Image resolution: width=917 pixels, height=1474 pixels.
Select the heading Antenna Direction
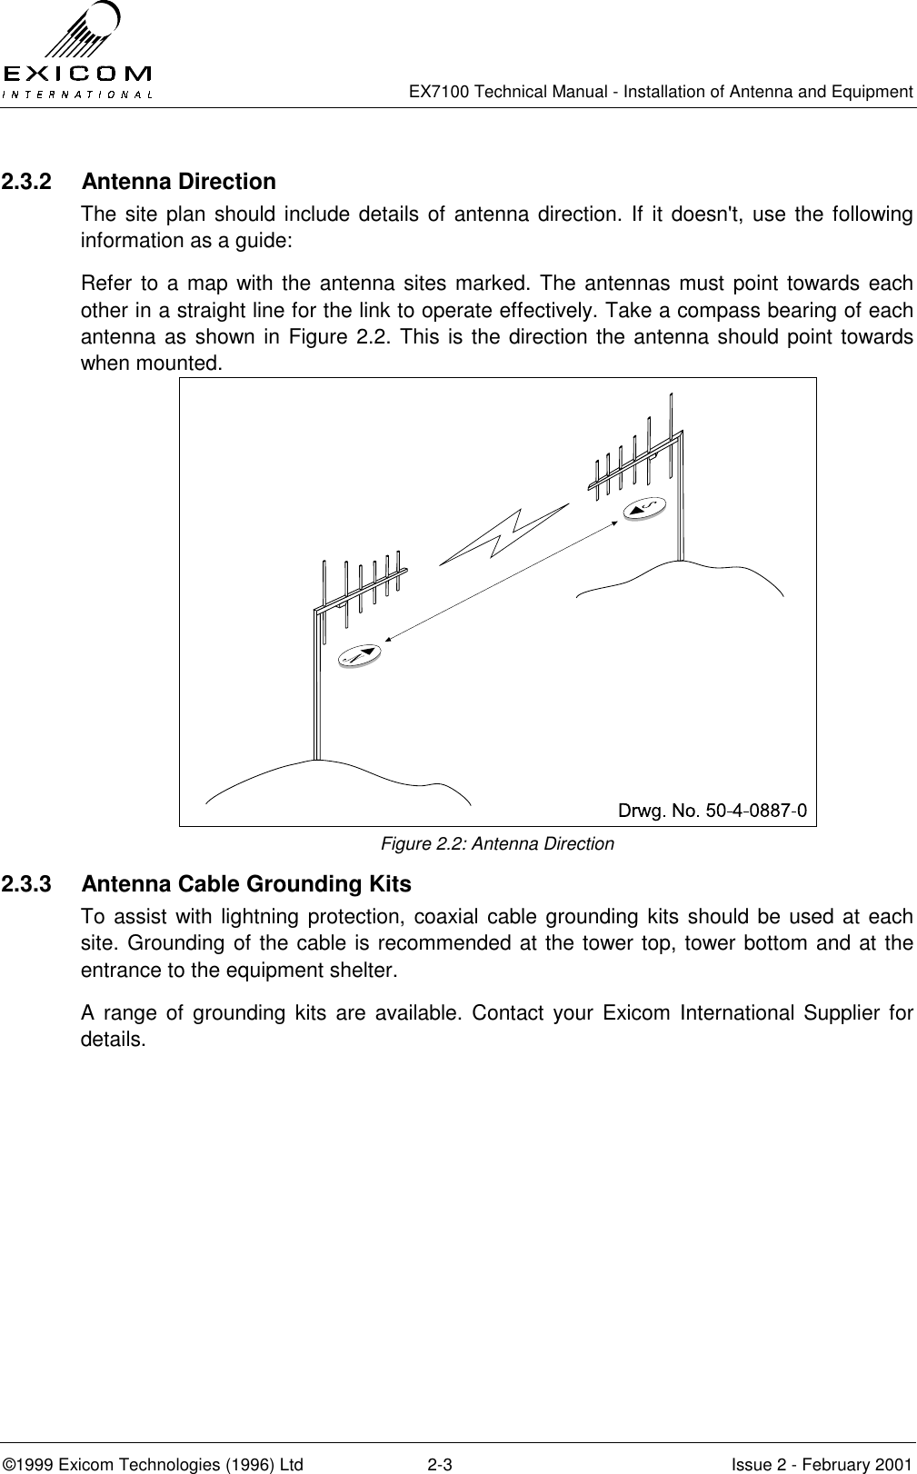[x=178, y=182]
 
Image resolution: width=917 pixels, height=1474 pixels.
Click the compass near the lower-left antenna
[x=359, y=653]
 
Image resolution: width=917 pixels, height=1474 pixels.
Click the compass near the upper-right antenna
[x=645, y=507]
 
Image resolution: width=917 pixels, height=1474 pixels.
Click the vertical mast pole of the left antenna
[x=316, y=691]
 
